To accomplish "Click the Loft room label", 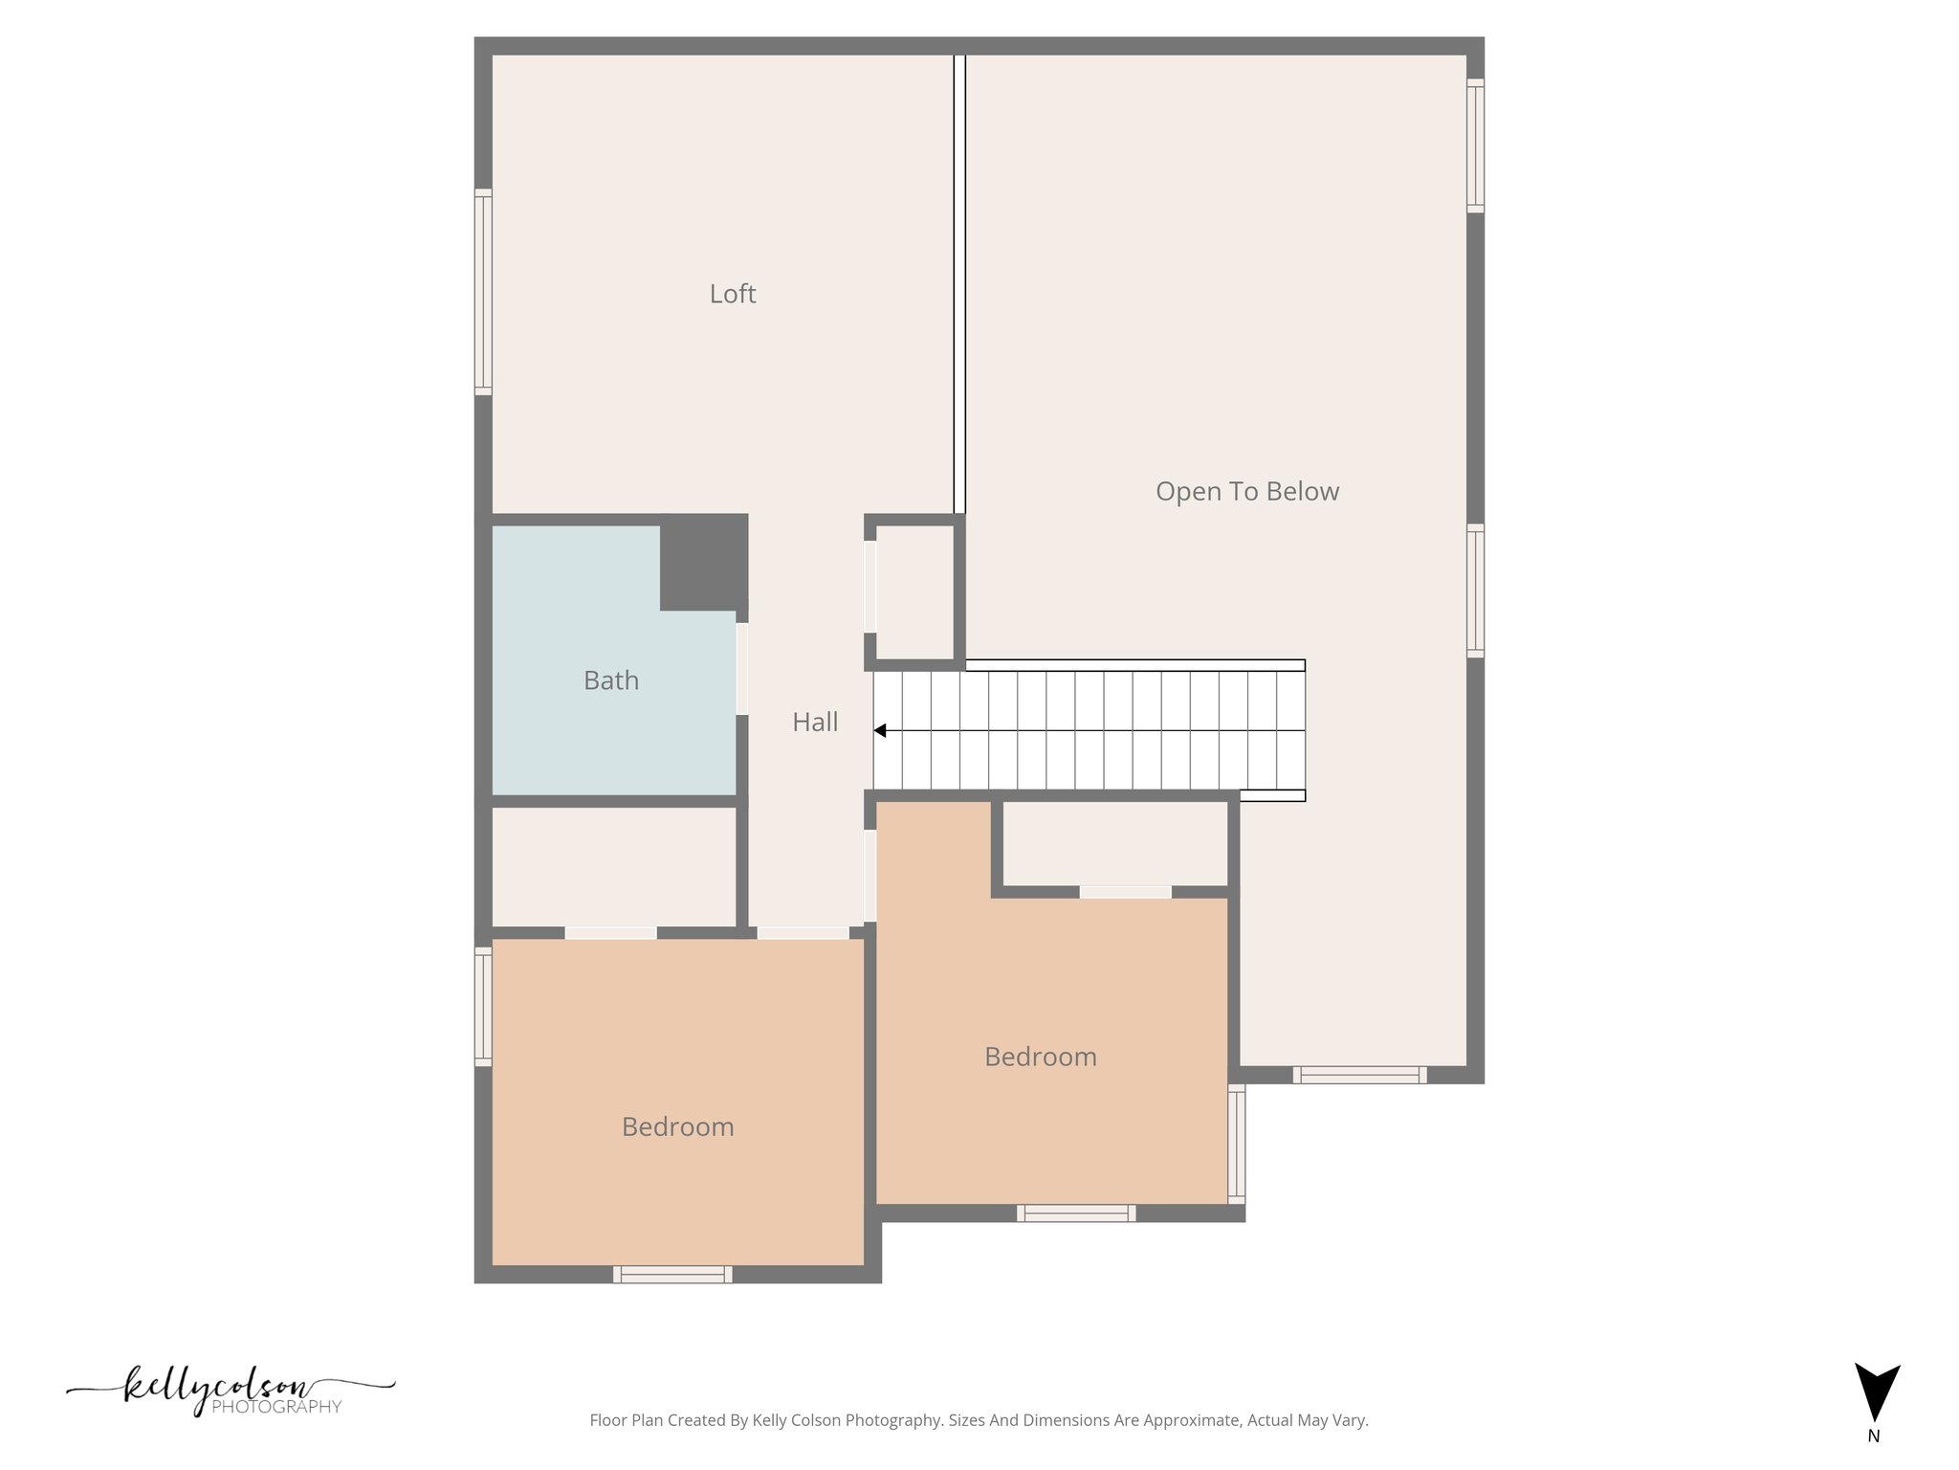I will pos(732,294).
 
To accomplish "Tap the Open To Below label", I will pos(1246,491).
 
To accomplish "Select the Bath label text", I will pos(610,680).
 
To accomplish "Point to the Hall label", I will pos(815,722).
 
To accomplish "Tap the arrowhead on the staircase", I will pos(880,731).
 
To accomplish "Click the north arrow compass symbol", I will pos(1877,1392).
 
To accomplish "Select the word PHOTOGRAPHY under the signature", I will pos(275,1407).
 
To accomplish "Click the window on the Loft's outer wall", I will pos(483,292).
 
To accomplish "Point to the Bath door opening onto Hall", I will pos(741,668).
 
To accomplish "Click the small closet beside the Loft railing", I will pos(915,591).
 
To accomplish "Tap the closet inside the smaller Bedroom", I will pos(1114,843).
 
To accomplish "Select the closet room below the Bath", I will pos(613,866).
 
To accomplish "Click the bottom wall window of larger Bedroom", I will pos(672,1274).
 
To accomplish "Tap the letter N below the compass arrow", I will pos(1873,1436).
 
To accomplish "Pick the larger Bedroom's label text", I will pos(677,1126).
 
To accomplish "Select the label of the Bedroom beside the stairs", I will pos(1040,1057).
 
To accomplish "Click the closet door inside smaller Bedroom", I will pos(1125,892).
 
